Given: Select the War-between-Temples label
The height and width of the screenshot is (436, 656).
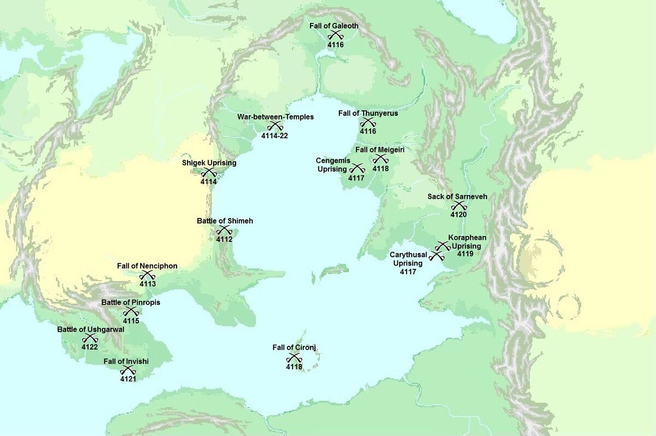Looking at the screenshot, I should point(276,116).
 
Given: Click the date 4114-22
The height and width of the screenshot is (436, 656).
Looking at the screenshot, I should point(274,135).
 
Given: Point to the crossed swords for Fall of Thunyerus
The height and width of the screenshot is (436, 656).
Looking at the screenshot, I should point(367,122).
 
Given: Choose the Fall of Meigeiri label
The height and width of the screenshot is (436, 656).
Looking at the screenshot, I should point(380,149).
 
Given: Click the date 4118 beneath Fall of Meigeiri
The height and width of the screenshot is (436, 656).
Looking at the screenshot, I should point(380,169).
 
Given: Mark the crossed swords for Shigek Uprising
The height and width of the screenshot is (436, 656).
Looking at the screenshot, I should point(209,173).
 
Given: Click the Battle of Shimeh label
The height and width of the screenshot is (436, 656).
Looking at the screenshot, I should point(225,221).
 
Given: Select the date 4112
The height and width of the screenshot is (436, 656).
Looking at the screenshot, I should point(224,239).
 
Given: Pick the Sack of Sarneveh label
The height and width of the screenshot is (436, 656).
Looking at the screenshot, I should point(458,196).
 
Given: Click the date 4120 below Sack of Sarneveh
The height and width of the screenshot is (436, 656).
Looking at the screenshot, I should point(458,215).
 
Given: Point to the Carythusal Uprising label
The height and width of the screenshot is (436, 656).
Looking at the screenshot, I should point(408,259).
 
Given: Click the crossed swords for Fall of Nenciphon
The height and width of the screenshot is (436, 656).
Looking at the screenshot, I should point(147,275).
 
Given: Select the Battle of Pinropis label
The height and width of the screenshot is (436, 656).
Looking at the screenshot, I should point(131,302).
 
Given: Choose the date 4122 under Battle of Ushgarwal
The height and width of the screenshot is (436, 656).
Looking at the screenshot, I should point(90,347).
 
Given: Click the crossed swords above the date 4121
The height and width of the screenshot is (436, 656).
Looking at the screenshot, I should point(128,370).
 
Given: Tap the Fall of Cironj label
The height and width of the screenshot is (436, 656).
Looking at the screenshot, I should point(294,347).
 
